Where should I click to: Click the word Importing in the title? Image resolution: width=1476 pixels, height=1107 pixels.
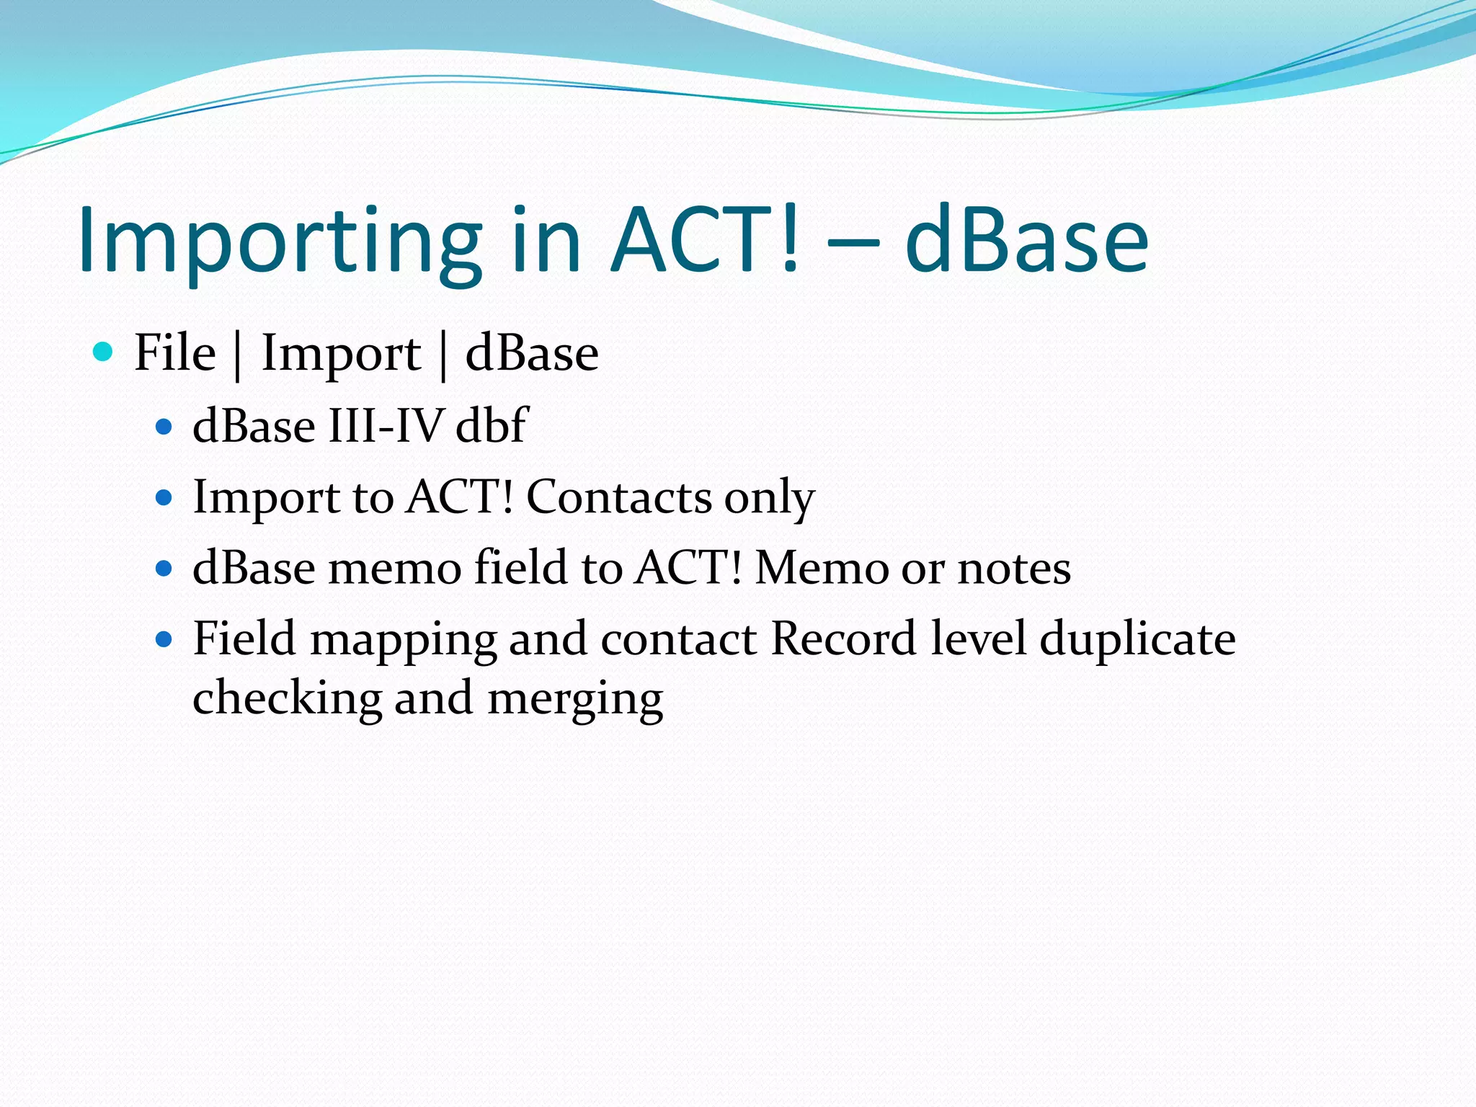point(280,241)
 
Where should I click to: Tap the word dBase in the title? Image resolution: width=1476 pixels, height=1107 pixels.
point(1026,241)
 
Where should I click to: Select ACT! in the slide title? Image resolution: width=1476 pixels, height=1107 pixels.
point(705,241)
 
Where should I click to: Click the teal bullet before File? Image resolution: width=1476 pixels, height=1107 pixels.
point(104,352)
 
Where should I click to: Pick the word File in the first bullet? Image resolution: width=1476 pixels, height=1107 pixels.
point(175,353)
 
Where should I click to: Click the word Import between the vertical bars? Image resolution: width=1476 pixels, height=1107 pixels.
point(341,355)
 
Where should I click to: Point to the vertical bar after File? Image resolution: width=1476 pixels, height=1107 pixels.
point(237,355)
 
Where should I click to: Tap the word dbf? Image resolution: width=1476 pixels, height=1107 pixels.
point(492,425)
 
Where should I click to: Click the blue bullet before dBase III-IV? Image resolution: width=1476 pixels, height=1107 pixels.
point(164,427)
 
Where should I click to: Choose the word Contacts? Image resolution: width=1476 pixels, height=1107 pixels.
point(618,497)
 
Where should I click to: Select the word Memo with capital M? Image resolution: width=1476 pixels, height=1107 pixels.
point(822,568)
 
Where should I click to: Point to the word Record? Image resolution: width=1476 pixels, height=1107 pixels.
point(843,639)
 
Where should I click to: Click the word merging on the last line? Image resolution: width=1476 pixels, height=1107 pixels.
point(575,700)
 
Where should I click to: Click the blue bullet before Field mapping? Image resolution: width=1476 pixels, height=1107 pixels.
point(164,639)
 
